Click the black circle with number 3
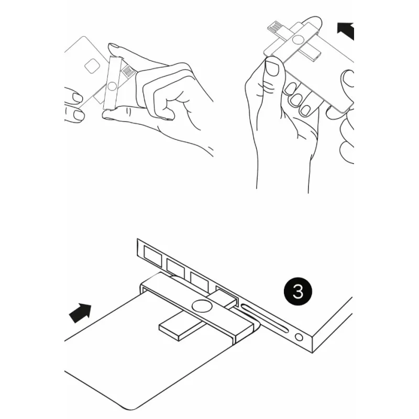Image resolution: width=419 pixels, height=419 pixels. [x=297, y=291]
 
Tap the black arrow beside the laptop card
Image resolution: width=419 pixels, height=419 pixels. [x=81, y=313]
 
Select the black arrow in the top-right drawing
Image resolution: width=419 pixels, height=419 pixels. [x=346, y=31]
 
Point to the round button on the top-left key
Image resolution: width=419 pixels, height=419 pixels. [x=112, y=86]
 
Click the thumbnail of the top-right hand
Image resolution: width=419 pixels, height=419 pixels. [x=272, y=68]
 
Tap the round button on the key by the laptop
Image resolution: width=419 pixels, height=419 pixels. [x=202, y=306]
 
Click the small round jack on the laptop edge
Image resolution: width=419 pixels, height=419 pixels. [x=299, y=337]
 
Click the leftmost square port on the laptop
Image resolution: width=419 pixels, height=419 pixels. [x=152, y=256]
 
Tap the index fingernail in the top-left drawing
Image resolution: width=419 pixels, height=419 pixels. [x=114, y=46]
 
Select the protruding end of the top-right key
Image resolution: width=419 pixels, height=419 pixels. [x=311, y=54]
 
